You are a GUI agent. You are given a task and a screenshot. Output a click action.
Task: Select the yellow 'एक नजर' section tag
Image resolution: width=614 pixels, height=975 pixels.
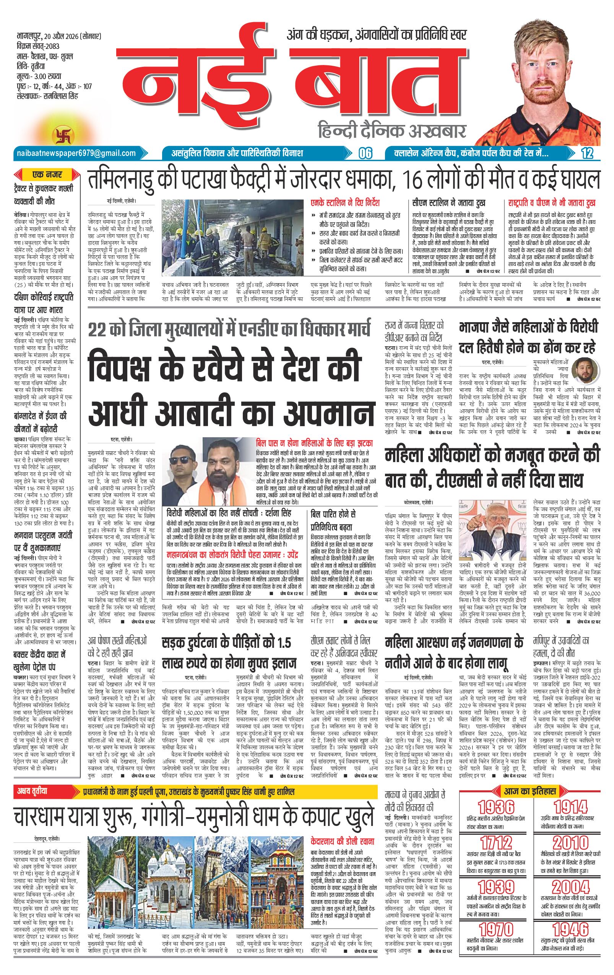point(47,175)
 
